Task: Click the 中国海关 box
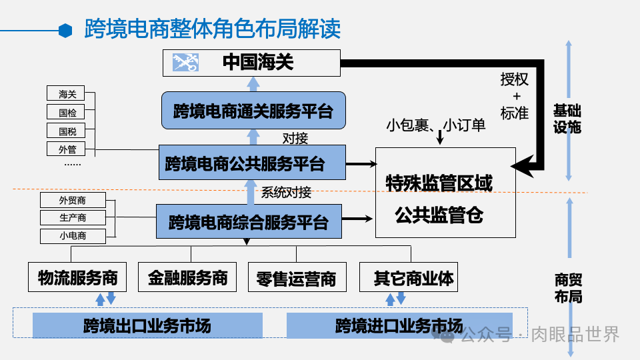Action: pyautogui.click(x=252, y=63)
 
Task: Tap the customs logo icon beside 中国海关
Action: pyautogui.click(x=186, y=63)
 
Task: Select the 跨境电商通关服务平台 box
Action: pyautogui.click(x=253, y=110)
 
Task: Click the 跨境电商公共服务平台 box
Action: pyautogui.click(x=253, y=162)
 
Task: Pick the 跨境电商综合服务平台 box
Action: pyautogui.click(x=248, y=221)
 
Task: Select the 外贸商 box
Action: pyautogui.click(x=73, y=200)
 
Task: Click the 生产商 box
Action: pyautogui.click(x=73, y=217)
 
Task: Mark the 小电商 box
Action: pyautogui.click(x=73, y=235)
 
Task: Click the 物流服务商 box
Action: pyautogui.click(x=77, y=277)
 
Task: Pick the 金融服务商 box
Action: pyautogui.click(x=187, y=277)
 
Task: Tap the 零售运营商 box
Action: pyautogui.click(x=297, y=277)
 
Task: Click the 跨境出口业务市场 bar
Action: pyautogui.click(x=147, y=325)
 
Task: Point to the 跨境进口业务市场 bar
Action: pyautogui.click(x=399, y=325)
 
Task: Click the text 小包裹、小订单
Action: pyautogui.click(x=436, y=124)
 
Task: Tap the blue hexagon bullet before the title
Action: pyautogui.click(x=65, y=30)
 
